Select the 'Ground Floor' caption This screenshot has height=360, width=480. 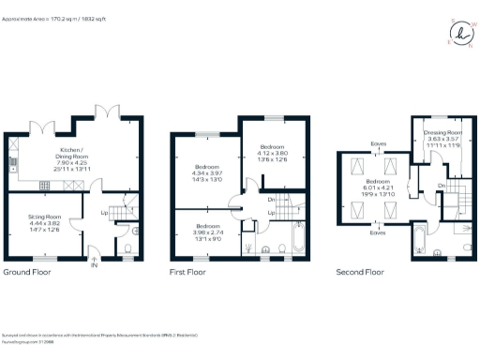pyautogui.click(x=27, y=273)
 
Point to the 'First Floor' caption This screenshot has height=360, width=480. pyautogui.click(x=187, y=273)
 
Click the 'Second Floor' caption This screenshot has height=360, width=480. pyautogui.click(x=361, y=273)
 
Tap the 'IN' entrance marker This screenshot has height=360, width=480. pyautogui.click(x=94, y=265)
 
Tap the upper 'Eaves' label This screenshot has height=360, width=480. pyautogui.click(x=379, y=143)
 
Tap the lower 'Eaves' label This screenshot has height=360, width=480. pyautogui.click(x=379, y=232)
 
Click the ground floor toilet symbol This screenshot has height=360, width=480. pyautogui.click(x=128, y=248)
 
